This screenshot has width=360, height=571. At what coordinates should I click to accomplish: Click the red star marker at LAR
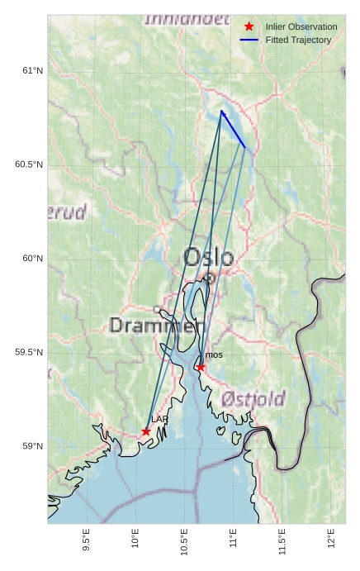tap(146, 431)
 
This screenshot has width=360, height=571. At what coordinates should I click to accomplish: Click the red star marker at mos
tap(201, 367)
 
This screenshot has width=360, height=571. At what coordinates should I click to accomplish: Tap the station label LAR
tap(159, 421)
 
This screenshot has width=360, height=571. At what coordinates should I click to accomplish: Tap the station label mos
tap(214, 355)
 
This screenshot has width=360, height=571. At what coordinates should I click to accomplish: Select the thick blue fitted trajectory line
tap(233, 129)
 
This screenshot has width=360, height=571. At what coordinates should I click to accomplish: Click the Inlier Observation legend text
tap(301, 27)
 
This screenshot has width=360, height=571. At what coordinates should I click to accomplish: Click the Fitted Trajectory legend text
tap(298, 40)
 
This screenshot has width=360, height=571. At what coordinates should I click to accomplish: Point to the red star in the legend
tap(249, 27)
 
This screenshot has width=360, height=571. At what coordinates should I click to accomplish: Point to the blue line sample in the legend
tap(249, 40)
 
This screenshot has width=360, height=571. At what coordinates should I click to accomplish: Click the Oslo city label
tap(208, 257)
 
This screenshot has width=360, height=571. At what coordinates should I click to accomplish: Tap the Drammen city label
tap(156, 326)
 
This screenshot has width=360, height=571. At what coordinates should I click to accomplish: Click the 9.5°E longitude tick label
tap(87, 539)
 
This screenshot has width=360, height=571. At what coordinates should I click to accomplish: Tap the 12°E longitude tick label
tap(331, 537)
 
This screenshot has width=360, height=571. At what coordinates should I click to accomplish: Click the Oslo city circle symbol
tap(210, 278)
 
